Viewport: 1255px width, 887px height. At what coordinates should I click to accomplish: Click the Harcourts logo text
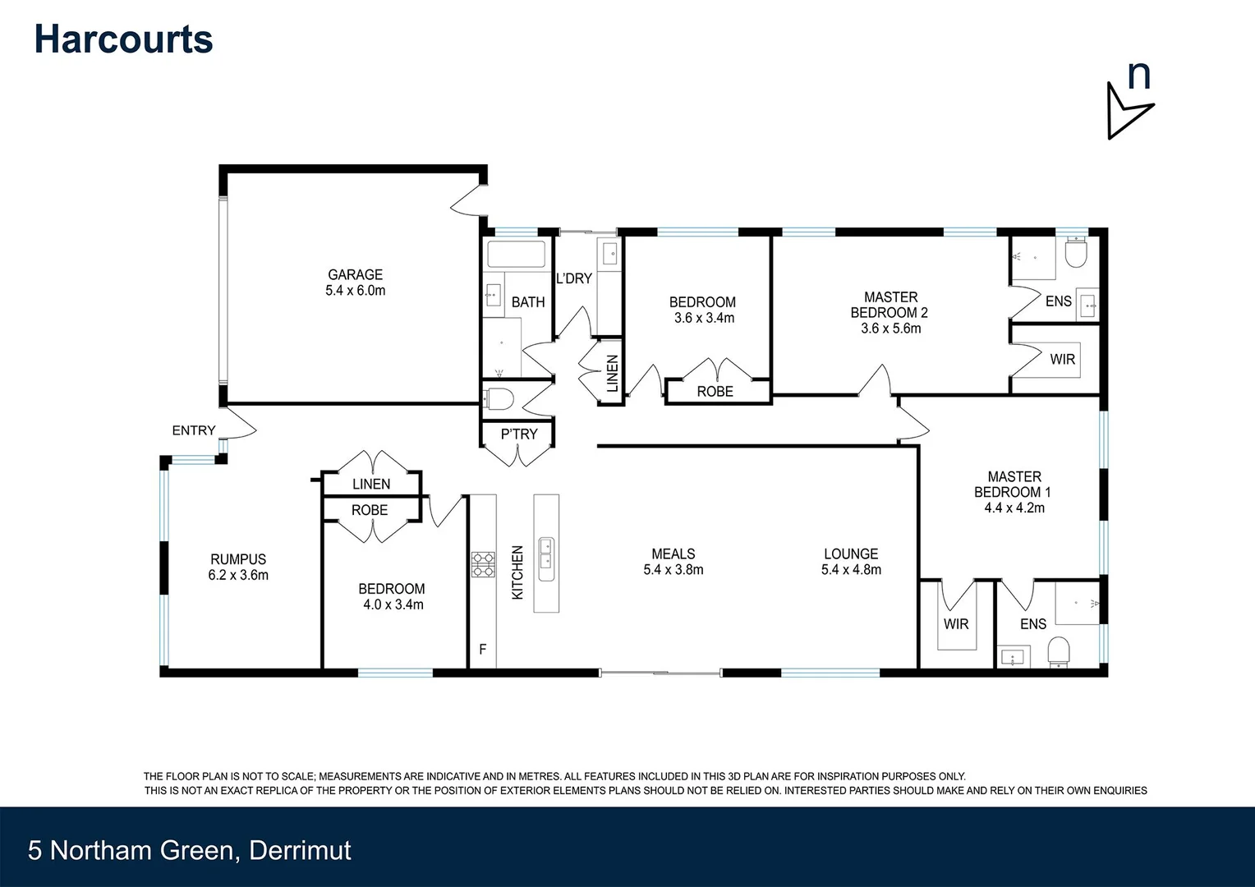123,39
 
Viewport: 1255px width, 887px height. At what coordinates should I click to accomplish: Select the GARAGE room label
355,274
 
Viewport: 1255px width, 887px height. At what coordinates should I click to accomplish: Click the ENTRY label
193,430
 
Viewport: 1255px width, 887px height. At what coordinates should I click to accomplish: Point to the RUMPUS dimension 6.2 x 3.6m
238,575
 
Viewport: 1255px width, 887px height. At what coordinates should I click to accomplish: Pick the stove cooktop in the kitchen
483,564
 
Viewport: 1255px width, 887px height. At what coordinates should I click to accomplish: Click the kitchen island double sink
546,554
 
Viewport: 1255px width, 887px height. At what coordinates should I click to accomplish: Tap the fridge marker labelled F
483,649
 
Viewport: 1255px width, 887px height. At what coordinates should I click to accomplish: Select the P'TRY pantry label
519,434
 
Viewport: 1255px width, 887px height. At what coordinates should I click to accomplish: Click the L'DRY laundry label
573,278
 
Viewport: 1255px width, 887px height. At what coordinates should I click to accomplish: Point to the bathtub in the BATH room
516,255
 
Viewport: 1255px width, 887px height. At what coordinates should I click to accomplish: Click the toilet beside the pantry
499,400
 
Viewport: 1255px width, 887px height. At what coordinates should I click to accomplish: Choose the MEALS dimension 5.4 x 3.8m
673,569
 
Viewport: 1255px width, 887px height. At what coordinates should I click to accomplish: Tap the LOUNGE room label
851,554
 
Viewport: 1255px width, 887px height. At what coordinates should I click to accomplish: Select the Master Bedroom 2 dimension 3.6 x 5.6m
890,328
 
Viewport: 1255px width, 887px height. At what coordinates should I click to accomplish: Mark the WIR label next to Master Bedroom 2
1062,359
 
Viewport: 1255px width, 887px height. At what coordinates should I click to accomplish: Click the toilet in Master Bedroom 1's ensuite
1060,651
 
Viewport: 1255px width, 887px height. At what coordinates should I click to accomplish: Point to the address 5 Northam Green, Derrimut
189,849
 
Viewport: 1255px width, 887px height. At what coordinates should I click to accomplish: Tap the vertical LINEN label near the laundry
612,374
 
